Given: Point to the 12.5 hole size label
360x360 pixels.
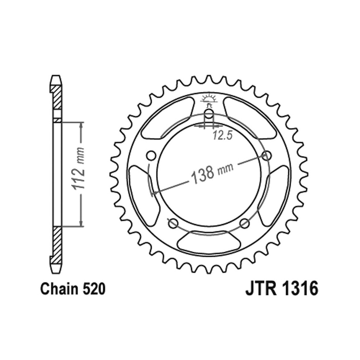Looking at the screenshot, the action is pyautogui.click(x=222, y=136).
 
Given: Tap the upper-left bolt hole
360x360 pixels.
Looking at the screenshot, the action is pyautogui.click(x=151, y=155).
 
